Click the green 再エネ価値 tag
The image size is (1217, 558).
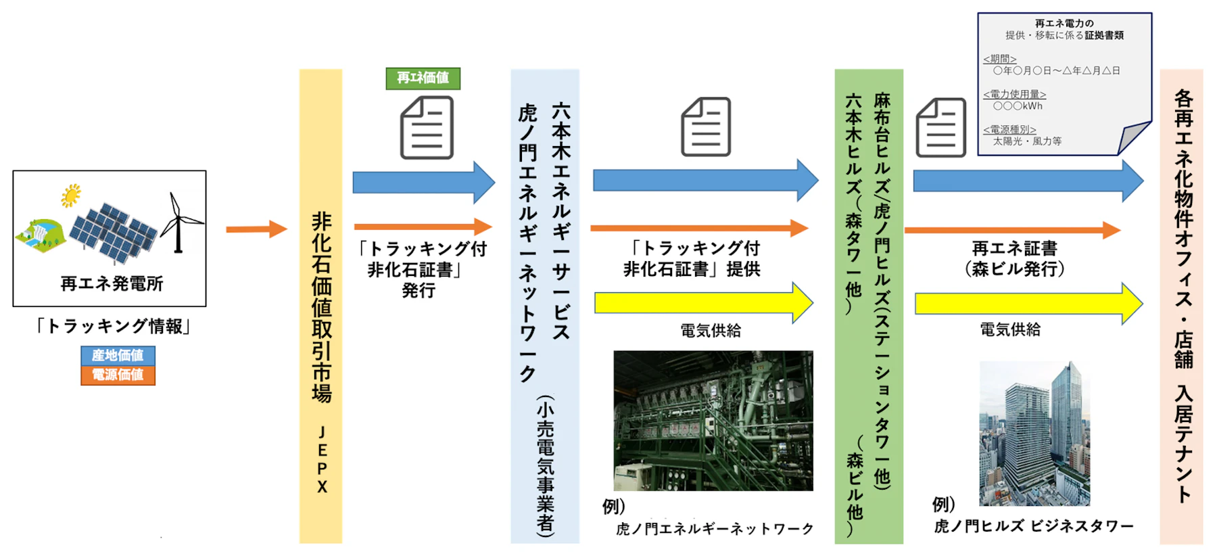[423, 78]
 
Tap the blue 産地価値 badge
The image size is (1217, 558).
[118, 355]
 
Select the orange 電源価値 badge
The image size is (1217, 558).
[118, 375]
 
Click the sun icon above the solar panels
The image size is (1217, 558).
[71, 195]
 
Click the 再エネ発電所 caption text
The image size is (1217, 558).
[112, 283]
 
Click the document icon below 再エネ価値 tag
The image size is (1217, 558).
[427, 128]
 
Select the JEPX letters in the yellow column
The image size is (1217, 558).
[322, 459]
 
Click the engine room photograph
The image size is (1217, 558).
[713, 420]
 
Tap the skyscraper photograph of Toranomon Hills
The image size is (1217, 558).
[1034, 434]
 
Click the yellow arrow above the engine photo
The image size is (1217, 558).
[703, 302]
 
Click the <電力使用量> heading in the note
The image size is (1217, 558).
[1014, 95]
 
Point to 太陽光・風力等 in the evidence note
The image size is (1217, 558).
[1027, 141]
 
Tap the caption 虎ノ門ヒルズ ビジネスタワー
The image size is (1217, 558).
[1034, 526]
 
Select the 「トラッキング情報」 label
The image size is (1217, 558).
[112, 327]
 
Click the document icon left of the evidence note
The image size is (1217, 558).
[940, 128]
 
